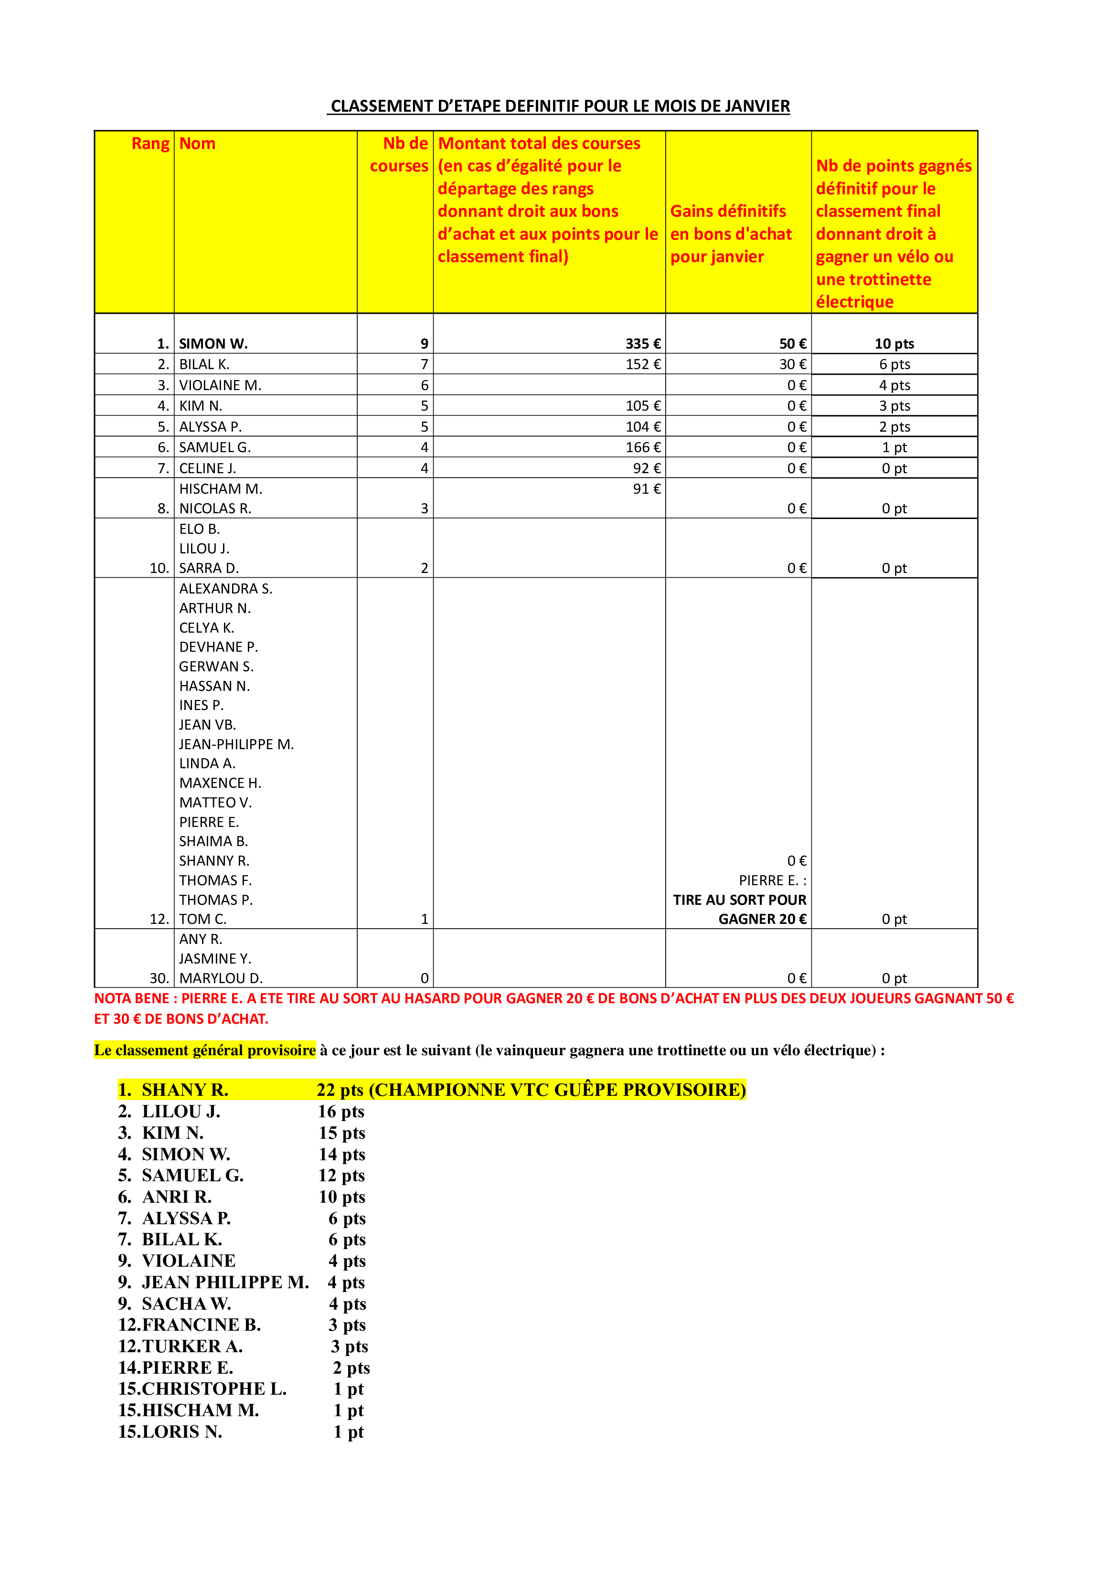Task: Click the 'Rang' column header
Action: click(150, 144)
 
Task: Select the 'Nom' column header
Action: click(197, 144)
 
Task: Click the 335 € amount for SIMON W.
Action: click(642, 344)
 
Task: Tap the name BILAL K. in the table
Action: click(204, 364)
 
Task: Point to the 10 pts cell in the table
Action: click(894, 344)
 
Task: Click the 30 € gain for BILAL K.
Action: click(792, 364)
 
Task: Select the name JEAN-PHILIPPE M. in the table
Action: click(236, 744)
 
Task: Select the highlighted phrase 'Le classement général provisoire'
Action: click(205, 1050)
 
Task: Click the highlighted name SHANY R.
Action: click(184, 1090)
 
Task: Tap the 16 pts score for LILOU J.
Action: click(341, 1112)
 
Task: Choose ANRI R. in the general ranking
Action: click(177, 1197)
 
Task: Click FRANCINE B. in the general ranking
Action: click(201, 1325)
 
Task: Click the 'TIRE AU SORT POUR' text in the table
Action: click(739, 900)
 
